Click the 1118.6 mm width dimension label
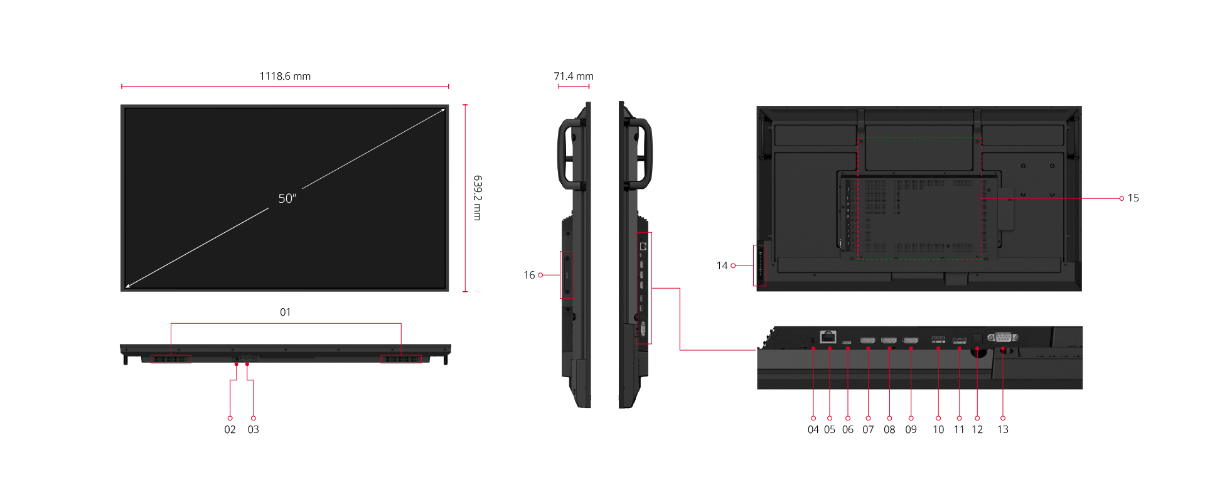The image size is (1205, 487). pyautogui.click(x=285, y=76)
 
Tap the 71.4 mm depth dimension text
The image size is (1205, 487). pyautogui.click(x=574, y=76)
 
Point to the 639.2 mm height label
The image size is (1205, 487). pyautogui.click(x=478, y=198)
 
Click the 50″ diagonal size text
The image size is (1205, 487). pyautogui.click(x=287, y=198)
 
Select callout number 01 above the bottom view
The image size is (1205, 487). pyautogui.click(x=286, y=312)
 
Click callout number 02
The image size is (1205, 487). pyautogui.click(x=230, y=429)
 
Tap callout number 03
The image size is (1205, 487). pyautogui.click(x=253, y=429)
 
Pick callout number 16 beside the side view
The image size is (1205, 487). pyautogui.click(x=529, y=275)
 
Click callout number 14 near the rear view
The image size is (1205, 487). pyautogui.click(x=722, y=265)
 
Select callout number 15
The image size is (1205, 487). pyautogui.click(x=1133, y=198)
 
